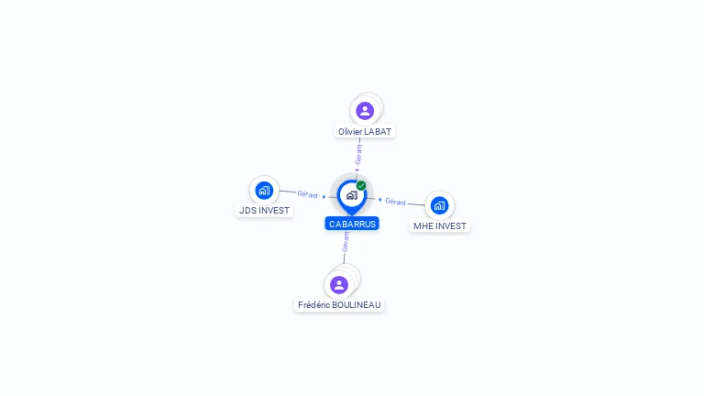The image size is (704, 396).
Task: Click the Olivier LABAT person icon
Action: [x=365, y=111]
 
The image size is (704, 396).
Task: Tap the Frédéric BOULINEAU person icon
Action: [x=339, y=284]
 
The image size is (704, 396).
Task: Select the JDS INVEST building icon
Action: [x=264, y=191]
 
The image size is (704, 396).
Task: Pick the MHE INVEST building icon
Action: [x=439, y=205]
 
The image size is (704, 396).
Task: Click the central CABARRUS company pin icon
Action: [x=351, y=194]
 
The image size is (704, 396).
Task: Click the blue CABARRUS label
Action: [x=352, y=224]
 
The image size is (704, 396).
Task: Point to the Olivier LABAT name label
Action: [x=365, y=132]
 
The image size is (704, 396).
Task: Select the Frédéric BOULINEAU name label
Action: [x=339, y=305]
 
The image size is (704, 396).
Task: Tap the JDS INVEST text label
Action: [x=264, y=211]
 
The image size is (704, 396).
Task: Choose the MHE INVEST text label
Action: [x=439, y=226]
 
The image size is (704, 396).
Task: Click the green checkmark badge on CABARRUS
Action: [x=361, y=185]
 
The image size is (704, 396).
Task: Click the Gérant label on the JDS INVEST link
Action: [x=307, y=194]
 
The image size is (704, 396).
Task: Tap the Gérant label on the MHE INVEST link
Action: [x=395, y=202]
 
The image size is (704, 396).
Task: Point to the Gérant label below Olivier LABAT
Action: [x=359, y=155]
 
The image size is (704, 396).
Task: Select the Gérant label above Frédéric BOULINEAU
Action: [x=346, y=242]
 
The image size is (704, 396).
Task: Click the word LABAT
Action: [x=378, y=132]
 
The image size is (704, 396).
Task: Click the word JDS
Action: [x=247, y=211]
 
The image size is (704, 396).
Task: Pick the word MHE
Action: [x=423, y=226]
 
